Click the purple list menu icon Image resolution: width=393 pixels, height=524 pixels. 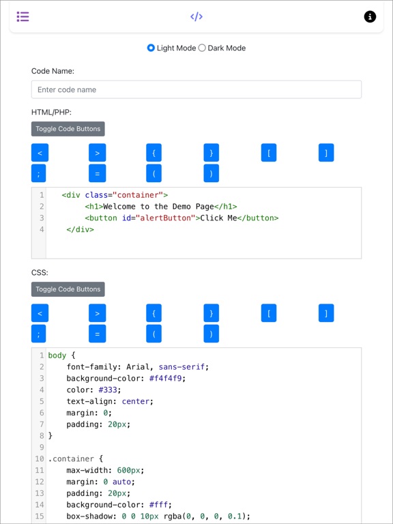tap(23, 16)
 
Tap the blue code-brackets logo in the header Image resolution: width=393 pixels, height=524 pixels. tap(196, 16)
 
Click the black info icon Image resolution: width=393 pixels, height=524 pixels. tap(370, 16)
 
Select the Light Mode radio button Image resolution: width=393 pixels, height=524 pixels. tap(151, 48)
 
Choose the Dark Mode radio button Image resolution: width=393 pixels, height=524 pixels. tap(202, 48)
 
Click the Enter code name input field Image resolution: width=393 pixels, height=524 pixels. tap(196, 89)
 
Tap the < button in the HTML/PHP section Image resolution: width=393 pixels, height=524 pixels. tap(40, 153)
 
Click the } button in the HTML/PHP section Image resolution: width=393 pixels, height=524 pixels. tap(212, 153)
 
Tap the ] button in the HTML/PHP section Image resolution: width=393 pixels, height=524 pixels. tap(326, 153)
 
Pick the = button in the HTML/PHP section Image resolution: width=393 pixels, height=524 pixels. tap(98, 173)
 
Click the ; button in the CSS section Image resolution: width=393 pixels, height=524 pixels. tap(38, 334)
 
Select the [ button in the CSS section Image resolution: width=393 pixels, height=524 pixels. tap(269, 313)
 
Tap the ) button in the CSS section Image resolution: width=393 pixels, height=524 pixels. tap(212, 334)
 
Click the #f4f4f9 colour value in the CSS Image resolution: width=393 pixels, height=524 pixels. tap(167, 378)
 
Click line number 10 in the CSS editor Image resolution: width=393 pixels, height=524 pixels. tap(40, 458)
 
